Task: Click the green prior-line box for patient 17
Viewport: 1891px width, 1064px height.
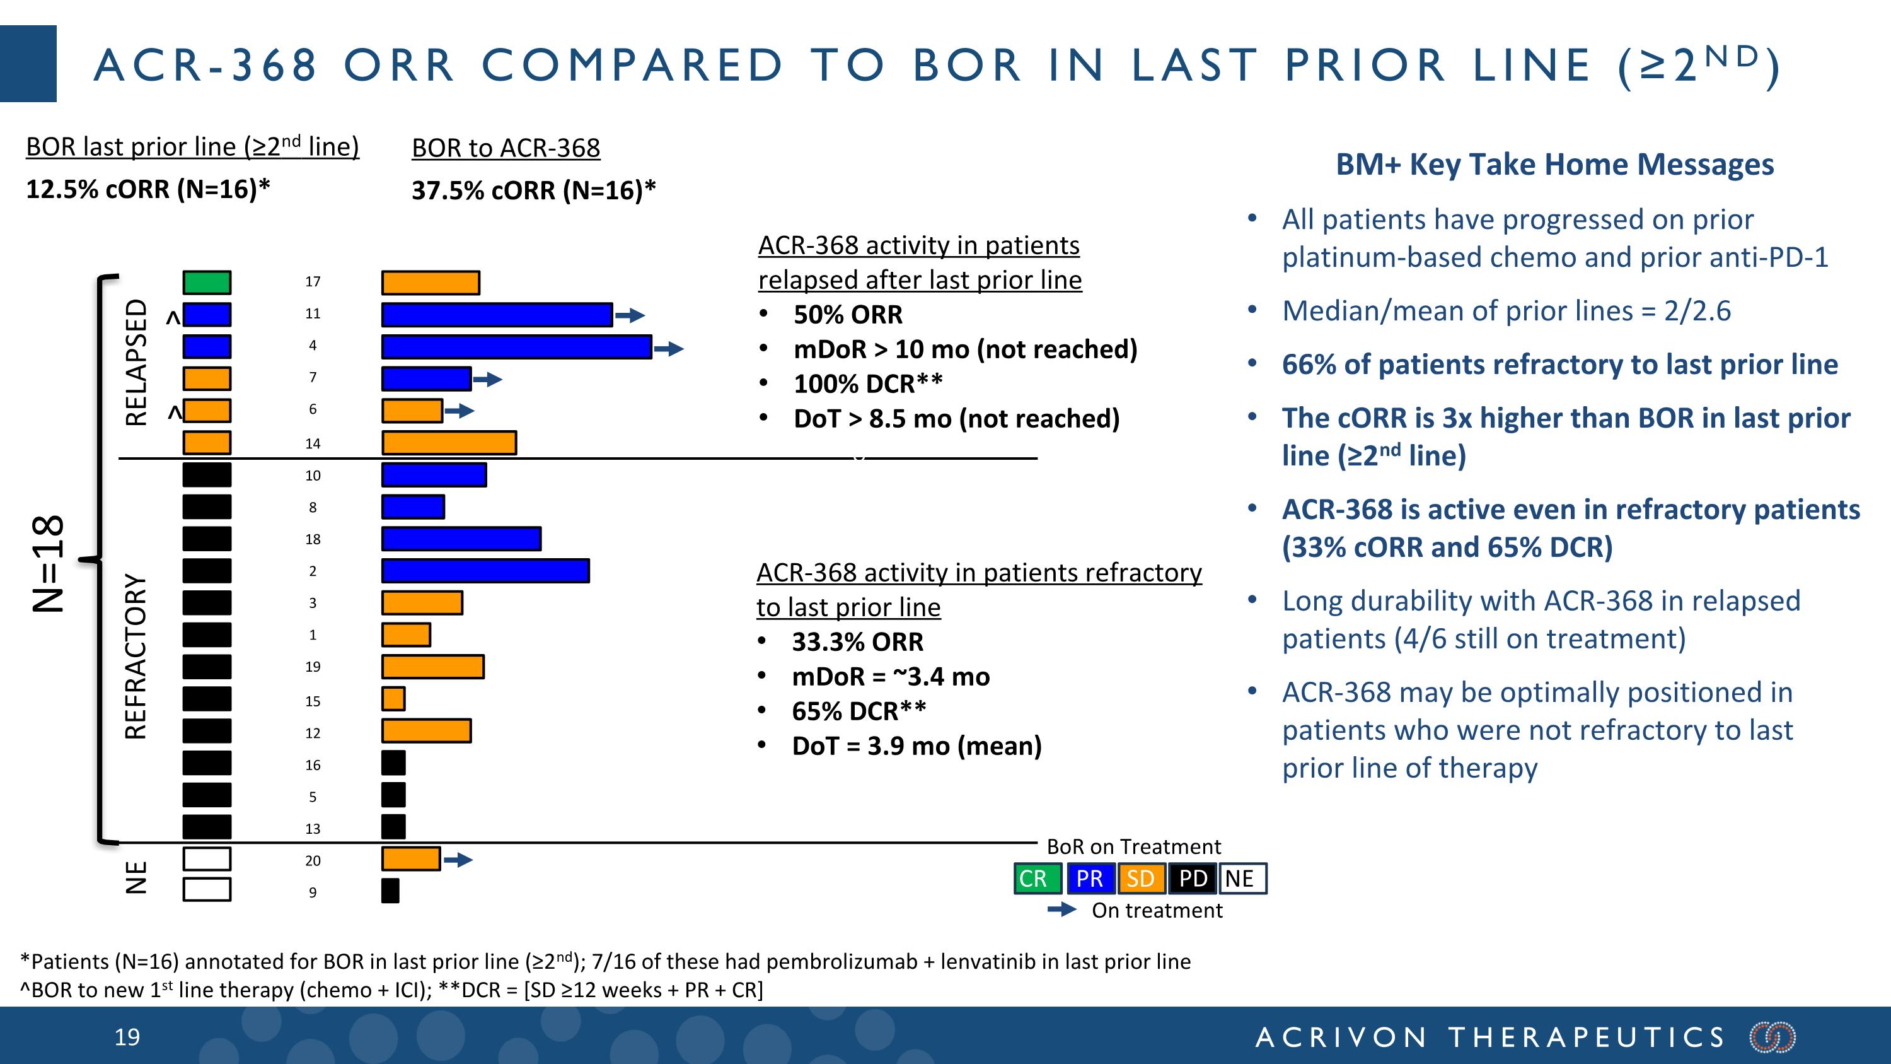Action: [206, 282]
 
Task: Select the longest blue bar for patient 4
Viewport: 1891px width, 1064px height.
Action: [516, 347]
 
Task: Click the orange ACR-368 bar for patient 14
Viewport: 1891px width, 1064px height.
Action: [449, 443]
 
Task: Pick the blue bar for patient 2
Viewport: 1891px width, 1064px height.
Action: [485, 571]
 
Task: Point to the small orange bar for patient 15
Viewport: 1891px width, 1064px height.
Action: [393, 698]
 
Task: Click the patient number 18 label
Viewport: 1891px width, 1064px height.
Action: [313, 539]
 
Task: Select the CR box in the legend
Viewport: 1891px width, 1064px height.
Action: [1036, 878]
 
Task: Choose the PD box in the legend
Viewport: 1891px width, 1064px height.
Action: [1192, 878]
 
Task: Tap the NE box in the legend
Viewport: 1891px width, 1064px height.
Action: [1242, 878]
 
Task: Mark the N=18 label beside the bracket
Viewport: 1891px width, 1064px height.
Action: [49, 563]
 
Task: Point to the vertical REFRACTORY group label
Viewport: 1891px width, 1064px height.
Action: [137, 656]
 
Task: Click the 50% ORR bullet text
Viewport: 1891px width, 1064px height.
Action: [848, 314]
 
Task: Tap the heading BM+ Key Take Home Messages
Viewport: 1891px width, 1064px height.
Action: [1554, 164]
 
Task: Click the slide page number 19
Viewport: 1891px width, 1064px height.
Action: [127, 1037]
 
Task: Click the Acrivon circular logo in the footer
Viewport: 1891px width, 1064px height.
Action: [1772, 1037]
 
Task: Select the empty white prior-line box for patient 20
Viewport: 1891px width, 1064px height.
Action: [206, 858]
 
